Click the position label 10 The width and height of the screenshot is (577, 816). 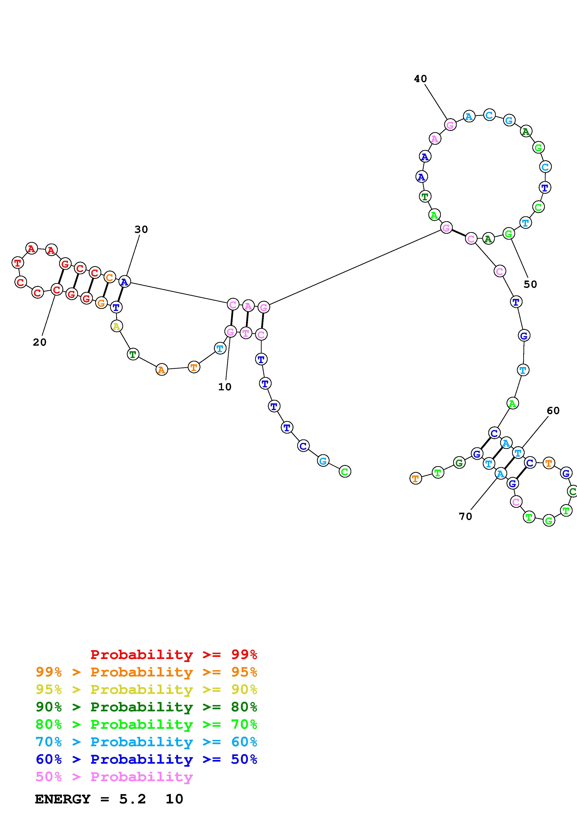[225, 387]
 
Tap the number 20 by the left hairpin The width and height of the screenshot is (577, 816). [40, 342]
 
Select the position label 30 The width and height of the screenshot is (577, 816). [141, 230]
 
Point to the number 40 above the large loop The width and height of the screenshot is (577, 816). [420, 79]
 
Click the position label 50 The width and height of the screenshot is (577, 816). [530, 284]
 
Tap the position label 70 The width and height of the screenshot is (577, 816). [465, 516]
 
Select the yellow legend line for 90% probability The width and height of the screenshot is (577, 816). [146, 689]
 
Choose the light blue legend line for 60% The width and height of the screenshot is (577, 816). [146, 742]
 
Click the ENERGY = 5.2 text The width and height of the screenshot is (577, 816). [91, 799]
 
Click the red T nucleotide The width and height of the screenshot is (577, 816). [17, 263]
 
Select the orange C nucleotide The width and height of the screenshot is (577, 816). [110, 277]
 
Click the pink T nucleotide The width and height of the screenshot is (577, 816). [246, 333]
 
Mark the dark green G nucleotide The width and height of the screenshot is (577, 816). [459, 463]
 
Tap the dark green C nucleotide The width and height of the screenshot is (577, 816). [572, 492]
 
